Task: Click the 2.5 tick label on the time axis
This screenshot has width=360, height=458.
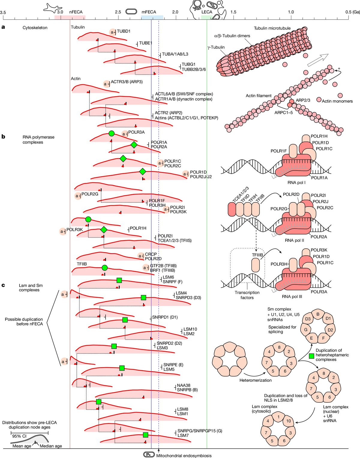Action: (118, 12)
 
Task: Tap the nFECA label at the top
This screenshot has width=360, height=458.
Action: (76, 12)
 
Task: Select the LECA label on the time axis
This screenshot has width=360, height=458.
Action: (207, 12)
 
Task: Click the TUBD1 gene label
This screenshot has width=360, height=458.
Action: (124, 31)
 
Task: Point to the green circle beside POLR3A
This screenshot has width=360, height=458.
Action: (111, 134)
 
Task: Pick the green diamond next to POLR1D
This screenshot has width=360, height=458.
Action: (142, 171)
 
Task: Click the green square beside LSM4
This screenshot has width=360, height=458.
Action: (143, 298)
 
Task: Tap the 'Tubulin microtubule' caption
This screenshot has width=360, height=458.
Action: (272, 28)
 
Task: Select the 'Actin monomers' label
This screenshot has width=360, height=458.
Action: (337, 101)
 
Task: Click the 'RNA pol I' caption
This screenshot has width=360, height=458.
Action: (296, 182)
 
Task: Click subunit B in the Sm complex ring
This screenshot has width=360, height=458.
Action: (318, 314)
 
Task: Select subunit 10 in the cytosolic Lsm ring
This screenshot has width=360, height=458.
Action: (288, 421)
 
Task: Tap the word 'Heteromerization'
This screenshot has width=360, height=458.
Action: (255, 380)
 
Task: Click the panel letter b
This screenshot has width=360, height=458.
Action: (3, 137)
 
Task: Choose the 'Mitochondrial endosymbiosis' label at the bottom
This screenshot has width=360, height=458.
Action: (184, 456)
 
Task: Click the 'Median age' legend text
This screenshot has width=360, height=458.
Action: (51, 446)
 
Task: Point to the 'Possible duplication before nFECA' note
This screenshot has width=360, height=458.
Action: (24, 322)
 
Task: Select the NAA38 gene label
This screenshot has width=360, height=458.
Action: (184, 385)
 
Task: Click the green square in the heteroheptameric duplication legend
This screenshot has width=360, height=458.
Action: (311, 356)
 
